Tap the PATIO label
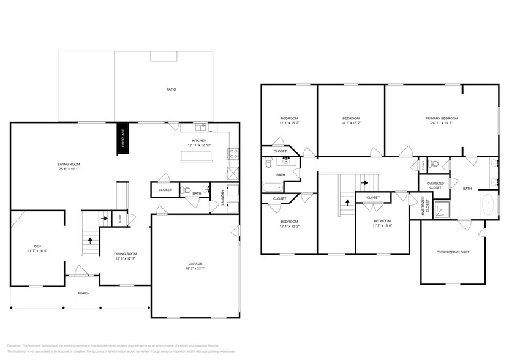click(x=172, y=89)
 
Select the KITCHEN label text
click(x=199, y=141)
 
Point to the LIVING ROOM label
click(x=69, y=164)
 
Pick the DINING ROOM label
click(x=125, y=253)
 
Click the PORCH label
click(x=83, y=293)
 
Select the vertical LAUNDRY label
click(x=222, y=197)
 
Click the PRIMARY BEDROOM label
click(x=442, y=118)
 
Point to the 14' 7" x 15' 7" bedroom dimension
click(x=350, y=123)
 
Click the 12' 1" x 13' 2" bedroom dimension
click(x=289, y=227)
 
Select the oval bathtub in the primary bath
click(x=489, y=204)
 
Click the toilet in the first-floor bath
click(x=187, y=190)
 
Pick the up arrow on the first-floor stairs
click(x=91, y=241)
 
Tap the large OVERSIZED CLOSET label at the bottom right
click(x=453, y=252)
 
